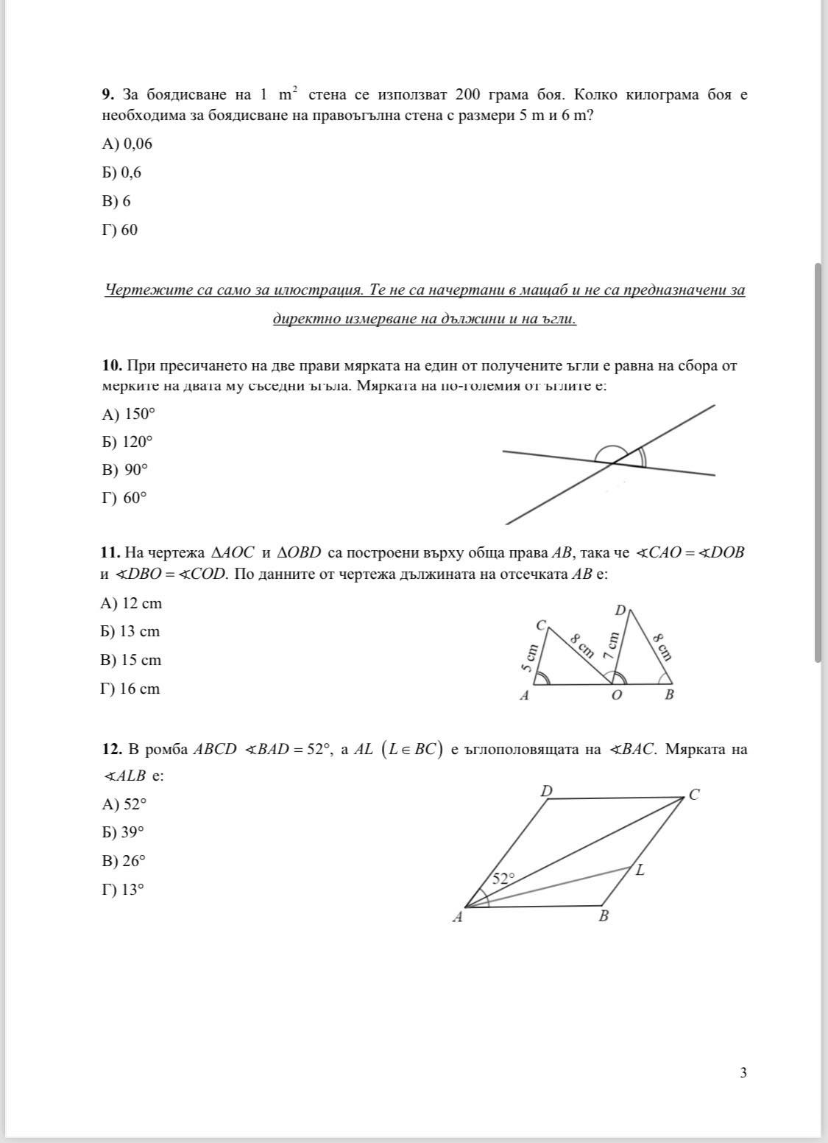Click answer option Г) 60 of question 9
point(120,230)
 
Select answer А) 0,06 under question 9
point(127,144)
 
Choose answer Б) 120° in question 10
point(128,442)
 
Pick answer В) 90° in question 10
point(125,470)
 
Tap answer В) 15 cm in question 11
point(131,660)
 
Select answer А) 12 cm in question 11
point(132,603)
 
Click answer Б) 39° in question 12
point(124,832)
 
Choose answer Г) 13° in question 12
point(124,890)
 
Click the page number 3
point(743,1072)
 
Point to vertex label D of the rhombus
point(546,792)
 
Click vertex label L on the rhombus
point(640,871)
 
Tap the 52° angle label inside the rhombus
point(503,878)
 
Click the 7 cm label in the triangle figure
point(610,645)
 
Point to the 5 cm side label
point(528,656)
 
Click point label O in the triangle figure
point(617,695)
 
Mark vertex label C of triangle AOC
point(541,626)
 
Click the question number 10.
point(112,366)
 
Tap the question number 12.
point(112,750)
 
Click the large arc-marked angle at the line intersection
point(611,451)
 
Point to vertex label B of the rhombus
point(604,916)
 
